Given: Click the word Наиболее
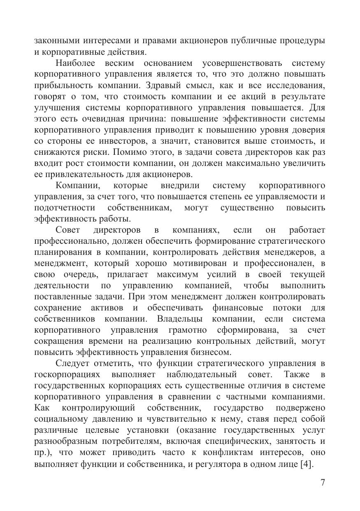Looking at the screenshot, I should [x=75, y=63].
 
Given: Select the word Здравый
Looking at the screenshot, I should [x=193, y=85].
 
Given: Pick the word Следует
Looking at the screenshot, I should [x=72, y=363].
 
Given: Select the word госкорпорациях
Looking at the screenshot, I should [x=67, y=374].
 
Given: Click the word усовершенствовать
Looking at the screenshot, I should [x=242, y=63].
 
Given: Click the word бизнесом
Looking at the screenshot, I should [x=211, y=352].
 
